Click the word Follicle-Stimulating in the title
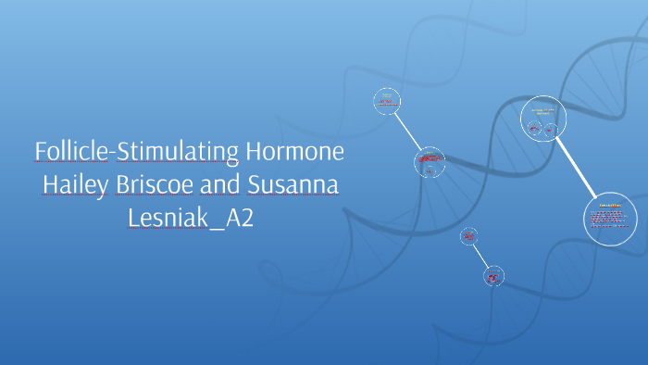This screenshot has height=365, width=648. point(137,151)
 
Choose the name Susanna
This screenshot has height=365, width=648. point(293,185)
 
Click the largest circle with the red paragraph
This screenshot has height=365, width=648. point(609,218)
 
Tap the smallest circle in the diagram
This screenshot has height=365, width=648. point(469,237)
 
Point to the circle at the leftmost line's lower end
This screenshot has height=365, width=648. point(430,162)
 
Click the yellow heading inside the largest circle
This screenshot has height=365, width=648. point(609,204)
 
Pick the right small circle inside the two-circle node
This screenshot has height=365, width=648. point(550,130)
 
